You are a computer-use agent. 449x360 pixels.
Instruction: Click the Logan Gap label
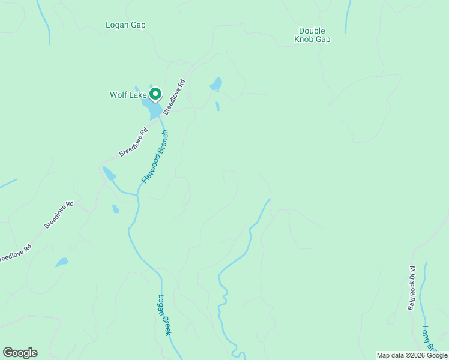(x=125, y=25)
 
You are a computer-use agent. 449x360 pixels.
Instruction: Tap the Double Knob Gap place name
(x=312, y=35)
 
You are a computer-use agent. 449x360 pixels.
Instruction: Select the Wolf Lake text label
(x=128, y=95)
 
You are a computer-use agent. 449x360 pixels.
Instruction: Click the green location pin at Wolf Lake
(x=155, y=94)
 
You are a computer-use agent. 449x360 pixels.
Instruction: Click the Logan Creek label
(x=164, y=314)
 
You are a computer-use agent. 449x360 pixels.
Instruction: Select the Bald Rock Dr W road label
(x=412, y=288)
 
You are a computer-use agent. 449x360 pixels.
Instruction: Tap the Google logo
(x=20, y=353)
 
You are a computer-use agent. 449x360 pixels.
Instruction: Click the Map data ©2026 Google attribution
(x=412, y=355)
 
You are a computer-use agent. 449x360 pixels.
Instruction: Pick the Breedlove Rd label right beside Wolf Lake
(x=175, y=97)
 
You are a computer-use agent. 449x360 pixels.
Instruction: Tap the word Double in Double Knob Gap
(x=312, y=31)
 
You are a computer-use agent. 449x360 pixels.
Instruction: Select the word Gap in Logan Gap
(x=138, y=25)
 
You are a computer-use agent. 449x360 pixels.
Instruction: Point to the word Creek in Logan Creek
(x=167, y=325)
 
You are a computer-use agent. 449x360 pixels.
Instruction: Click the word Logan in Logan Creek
(x=162, y=304)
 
